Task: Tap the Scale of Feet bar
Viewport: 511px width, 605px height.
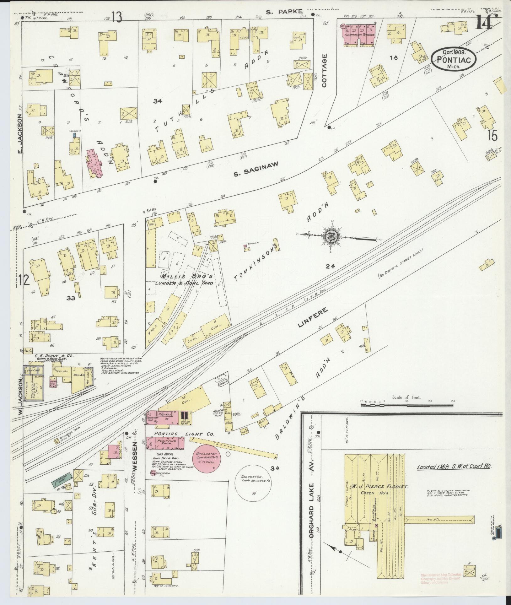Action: click(x=407, y=405)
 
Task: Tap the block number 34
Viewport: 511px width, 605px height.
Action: click(x=157, y=101)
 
